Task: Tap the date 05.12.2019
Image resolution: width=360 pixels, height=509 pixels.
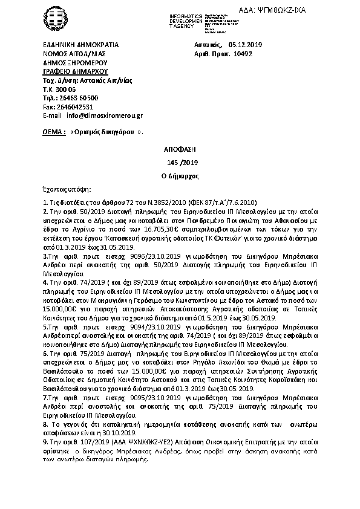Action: tap(244, 45)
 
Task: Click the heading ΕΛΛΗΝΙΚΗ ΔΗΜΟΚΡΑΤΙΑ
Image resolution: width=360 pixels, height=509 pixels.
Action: tap(81, 45)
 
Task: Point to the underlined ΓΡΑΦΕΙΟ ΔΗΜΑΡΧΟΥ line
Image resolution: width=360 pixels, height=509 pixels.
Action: tap(71, 71)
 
